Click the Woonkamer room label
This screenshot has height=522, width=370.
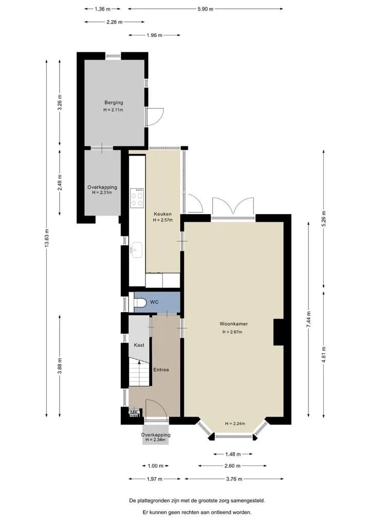233,323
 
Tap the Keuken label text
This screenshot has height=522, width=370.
163,214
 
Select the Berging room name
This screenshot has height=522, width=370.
114,103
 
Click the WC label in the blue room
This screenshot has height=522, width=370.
154,302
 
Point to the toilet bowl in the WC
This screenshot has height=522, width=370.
140,302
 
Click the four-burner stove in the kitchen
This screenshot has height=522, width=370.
137,198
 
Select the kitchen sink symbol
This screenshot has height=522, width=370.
136,249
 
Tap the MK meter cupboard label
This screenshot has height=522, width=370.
134,413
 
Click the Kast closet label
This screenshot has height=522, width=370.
139,345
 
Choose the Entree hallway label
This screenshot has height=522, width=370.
161,370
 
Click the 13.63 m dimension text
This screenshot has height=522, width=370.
47,238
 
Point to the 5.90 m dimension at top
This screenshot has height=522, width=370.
206,9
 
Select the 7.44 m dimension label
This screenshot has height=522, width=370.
309,320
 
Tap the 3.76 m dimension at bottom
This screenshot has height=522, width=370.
234,479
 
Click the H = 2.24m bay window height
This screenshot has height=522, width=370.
235,424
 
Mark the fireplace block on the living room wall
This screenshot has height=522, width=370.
279,332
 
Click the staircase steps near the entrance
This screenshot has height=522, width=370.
139,372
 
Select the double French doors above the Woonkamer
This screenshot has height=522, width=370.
233,206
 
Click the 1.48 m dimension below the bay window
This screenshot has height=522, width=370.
233,454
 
